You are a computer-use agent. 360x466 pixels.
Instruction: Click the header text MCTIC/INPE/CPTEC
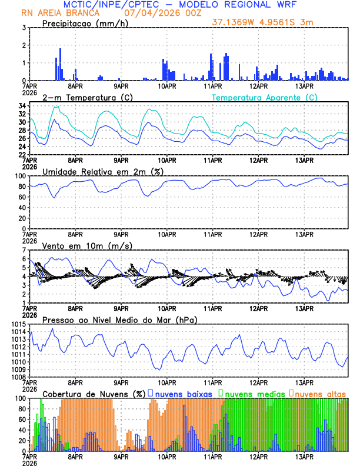pos(112,5)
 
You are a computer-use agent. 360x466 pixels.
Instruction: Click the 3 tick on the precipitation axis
pos(24,28)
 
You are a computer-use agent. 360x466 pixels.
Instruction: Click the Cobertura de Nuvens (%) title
pos(94,393)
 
